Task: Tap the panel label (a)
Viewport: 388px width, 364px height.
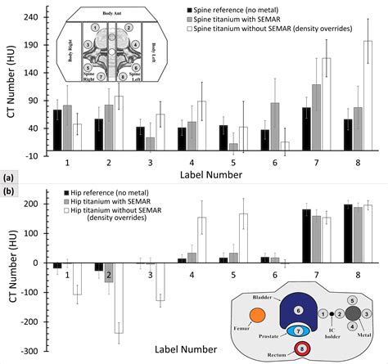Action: pyautogui.click(x=8, y=178)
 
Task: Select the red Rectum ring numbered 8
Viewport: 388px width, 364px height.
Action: pyautogui.click(x=302, y=349)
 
